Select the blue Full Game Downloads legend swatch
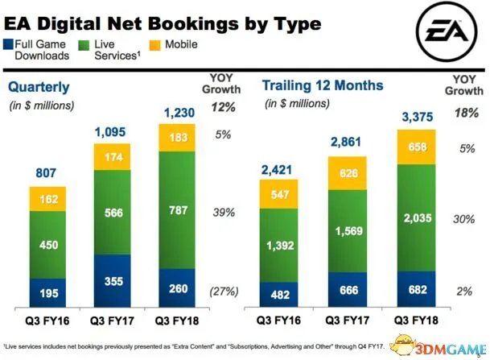point(8,45)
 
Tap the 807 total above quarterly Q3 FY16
point(48,173)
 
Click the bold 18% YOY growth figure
point(463,114)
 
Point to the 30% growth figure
point(463,219)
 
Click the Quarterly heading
point(37,87)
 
